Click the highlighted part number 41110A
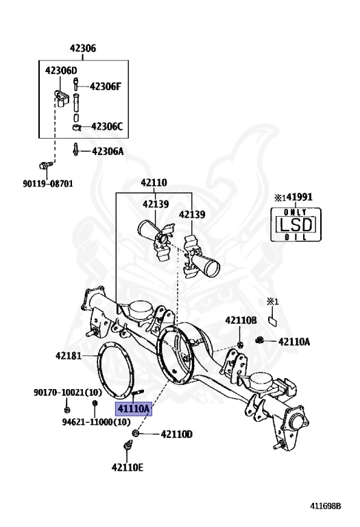tap(134, 409)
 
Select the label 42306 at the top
tap(82, 49)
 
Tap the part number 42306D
tap(61, 71)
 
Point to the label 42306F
tap(106, 86)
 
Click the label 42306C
tap(106, 126)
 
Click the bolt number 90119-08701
tap(45, 184)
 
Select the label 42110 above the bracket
tap(154, 183)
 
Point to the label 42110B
tap(241, 320)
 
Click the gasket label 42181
tap(69, 356)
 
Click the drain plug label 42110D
tap(177, 434)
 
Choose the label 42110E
tap(128, 468)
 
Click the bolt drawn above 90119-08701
tap(45, 165)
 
